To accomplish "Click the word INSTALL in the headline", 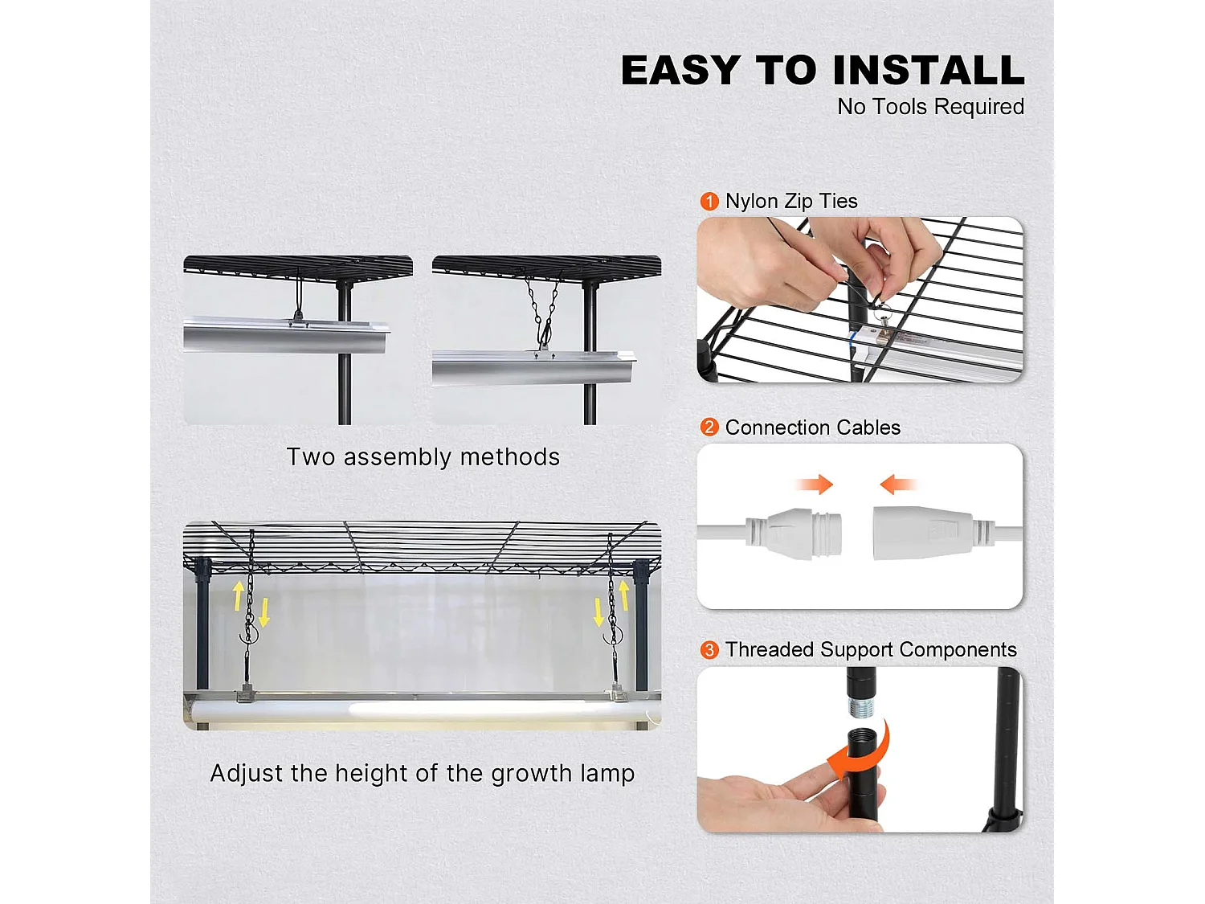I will [x=929, y=70].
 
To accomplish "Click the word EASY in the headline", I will [x=680, y=70].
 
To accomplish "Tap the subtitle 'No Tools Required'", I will [x=930, y=107].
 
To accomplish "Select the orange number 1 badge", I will [x=709, y=201].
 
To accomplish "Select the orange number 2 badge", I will [x=709, y=427].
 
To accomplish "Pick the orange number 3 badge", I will [x=709, y=649].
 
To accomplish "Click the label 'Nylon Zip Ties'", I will [x=791, y=201].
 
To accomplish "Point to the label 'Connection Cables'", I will [x=812, y=427].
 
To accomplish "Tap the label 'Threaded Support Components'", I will [x=871, y=649].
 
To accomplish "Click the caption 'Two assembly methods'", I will [x=423, y=457].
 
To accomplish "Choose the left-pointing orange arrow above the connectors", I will [x=897, y=484].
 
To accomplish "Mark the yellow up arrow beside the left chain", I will [x=239, y=595].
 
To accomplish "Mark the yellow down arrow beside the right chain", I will [x=598, y=612].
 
